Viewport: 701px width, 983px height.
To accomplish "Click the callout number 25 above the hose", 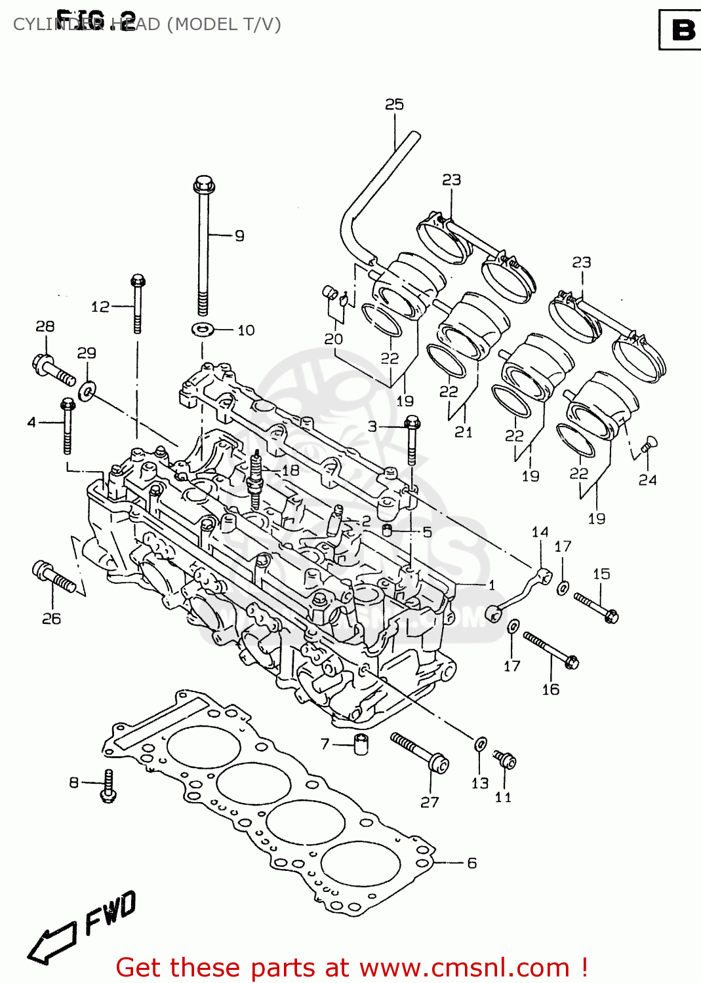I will (394, 105).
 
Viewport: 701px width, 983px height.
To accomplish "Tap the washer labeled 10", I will (203, 329).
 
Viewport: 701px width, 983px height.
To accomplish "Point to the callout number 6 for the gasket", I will (471, 863).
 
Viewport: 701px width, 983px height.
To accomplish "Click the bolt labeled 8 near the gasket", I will (108, 785).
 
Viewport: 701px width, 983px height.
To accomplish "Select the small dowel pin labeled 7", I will (360, 744).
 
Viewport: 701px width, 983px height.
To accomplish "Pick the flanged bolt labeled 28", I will (53, 370).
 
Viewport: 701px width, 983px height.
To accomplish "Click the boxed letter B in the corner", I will (682, 30).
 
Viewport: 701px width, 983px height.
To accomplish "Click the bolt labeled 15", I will (596, 606).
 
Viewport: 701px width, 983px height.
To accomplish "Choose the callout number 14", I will (540, 532).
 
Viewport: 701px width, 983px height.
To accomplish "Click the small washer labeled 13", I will (480, 744).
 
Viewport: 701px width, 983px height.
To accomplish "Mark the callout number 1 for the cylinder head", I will (491, 585).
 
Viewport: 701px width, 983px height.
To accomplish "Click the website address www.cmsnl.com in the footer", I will (464, 967).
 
